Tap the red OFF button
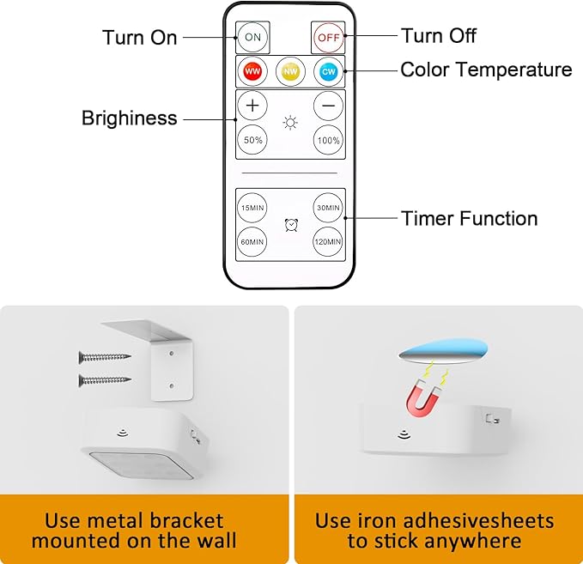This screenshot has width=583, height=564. click(x=328, y=38)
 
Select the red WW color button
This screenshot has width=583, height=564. click(x=252, y=71)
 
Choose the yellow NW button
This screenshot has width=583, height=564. click(x=290, y=71)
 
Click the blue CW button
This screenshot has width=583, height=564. click(x=328, y=71)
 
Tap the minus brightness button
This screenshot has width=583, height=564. click(x=328, y=106)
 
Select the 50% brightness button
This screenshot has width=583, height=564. click(x=252, y=140)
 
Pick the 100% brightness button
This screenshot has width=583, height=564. click(x=328, y=140)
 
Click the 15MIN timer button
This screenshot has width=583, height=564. click(x=252, y=208)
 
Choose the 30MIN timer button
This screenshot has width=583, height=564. click(x=328, y=208)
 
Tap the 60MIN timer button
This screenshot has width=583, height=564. click(x=252, y=242)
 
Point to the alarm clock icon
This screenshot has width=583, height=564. click(x=291, y=225)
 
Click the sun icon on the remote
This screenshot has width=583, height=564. click(x=290, y=123)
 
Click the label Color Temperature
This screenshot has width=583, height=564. click(x=486, y=70)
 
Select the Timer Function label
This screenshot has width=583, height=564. click(x=469, y=218)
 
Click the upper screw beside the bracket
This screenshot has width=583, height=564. click(x=105, y=357)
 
